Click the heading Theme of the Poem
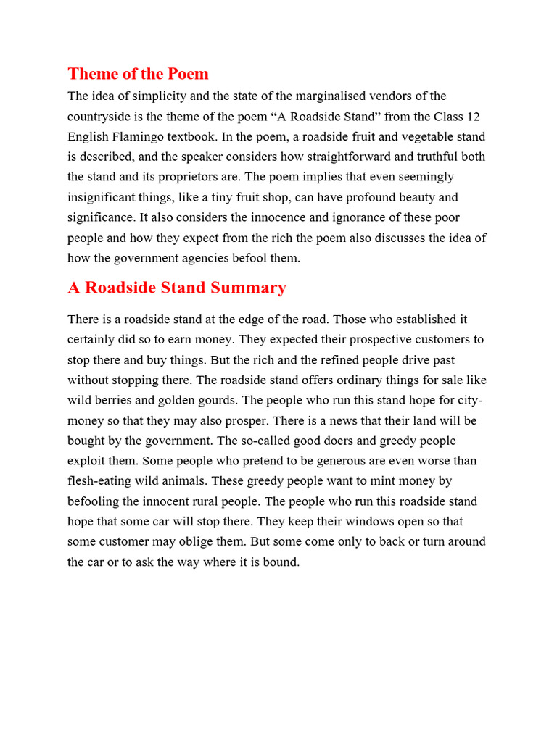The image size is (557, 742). point(138,74)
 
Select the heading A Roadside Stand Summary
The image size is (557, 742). point(177,288)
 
